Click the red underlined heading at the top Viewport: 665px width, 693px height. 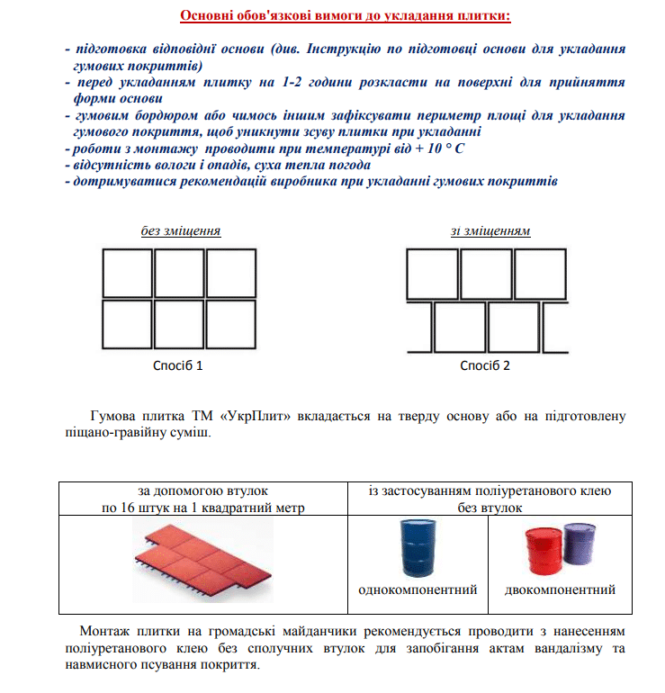(345, 15)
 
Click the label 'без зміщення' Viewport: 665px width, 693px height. (181, 230)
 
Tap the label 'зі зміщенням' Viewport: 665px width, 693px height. (490, 230)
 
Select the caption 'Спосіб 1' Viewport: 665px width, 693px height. (177, 365)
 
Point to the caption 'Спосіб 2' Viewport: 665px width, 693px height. (485, 365)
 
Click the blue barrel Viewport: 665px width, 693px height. (418, 548)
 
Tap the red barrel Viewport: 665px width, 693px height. (544, 551)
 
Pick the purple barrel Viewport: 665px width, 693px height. (580, 544)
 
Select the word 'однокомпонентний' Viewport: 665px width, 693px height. (418, 589)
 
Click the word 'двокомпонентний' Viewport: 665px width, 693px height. (560, 589)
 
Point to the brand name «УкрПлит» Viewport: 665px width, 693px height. (255, 416)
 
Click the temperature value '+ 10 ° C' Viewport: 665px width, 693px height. (440, 148)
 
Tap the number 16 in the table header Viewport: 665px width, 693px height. (127, 508)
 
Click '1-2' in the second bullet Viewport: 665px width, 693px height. (292, 82)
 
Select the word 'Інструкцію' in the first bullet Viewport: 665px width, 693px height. (344, 49)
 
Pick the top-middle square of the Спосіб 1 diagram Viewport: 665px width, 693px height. (179, 273)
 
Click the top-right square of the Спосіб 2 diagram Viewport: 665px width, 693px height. (541, 274)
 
